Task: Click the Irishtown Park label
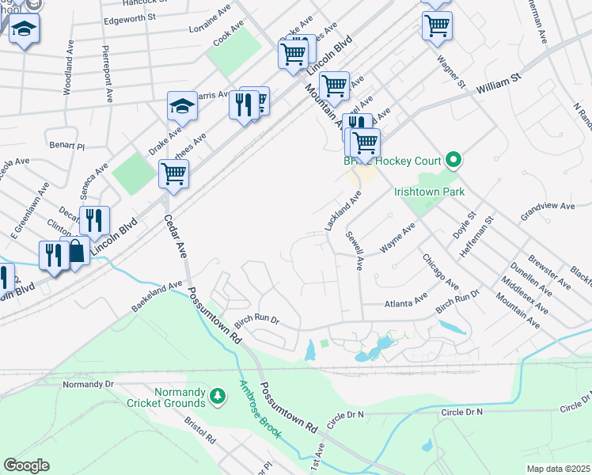coord(429,192)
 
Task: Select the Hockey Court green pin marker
coord(453,161)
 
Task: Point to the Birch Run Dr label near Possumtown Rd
coord(256,319)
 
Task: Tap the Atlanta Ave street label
coord(404,302)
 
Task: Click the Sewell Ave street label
coord(354,251)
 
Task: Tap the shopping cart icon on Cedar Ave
coord(173,173)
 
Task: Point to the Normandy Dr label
coord(89,384)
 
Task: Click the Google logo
coord(26,465)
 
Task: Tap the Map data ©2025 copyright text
coord(557,469)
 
